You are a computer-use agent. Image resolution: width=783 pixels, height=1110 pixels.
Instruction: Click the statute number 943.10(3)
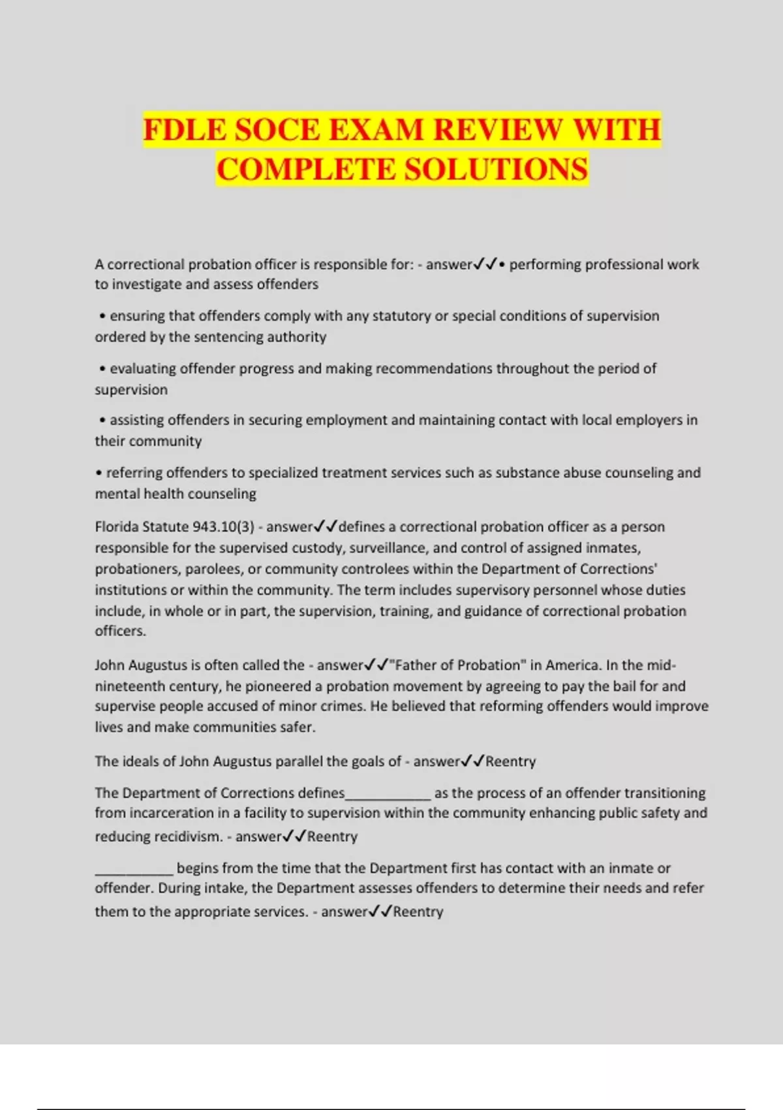223,527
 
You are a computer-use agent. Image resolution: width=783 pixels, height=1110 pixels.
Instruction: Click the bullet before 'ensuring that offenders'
102,317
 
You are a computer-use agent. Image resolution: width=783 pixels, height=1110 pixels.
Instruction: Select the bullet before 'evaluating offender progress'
102,369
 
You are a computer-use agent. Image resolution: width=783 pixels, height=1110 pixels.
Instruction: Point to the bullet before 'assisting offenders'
102,420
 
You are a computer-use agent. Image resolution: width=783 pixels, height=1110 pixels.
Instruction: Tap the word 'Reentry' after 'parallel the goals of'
510,761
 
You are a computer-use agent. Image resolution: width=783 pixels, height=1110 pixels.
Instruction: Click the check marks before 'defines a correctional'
326,526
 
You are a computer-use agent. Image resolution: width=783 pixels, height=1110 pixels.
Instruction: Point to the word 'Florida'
116,527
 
